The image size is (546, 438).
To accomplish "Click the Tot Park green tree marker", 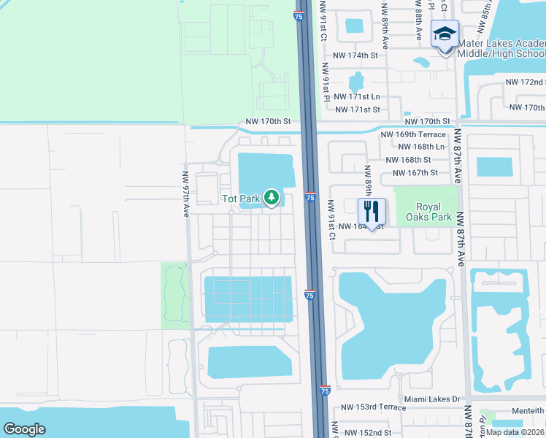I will (x=272, y=197).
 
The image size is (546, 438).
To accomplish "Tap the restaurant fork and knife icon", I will (x=372, y=212).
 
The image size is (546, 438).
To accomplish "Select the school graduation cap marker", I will (x=444, y=34).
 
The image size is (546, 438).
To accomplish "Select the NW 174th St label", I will (x=355, y=55).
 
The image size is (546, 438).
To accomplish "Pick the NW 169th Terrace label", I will (x=413, y=134).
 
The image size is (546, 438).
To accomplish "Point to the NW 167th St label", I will (x=415, y=173).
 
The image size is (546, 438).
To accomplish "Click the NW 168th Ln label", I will (x=420, y=147).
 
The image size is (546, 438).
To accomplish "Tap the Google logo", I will (x=24, y=429).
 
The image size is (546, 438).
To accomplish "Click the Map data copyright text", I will (x=515, y=432).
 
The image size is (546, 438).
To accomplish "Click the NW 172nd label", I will (x=526, y=82).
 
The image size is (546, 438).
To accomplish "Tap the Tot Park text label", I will (x=241, y=199).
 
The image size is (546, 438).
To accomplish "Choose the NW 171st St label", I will (x=357, y=109).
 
